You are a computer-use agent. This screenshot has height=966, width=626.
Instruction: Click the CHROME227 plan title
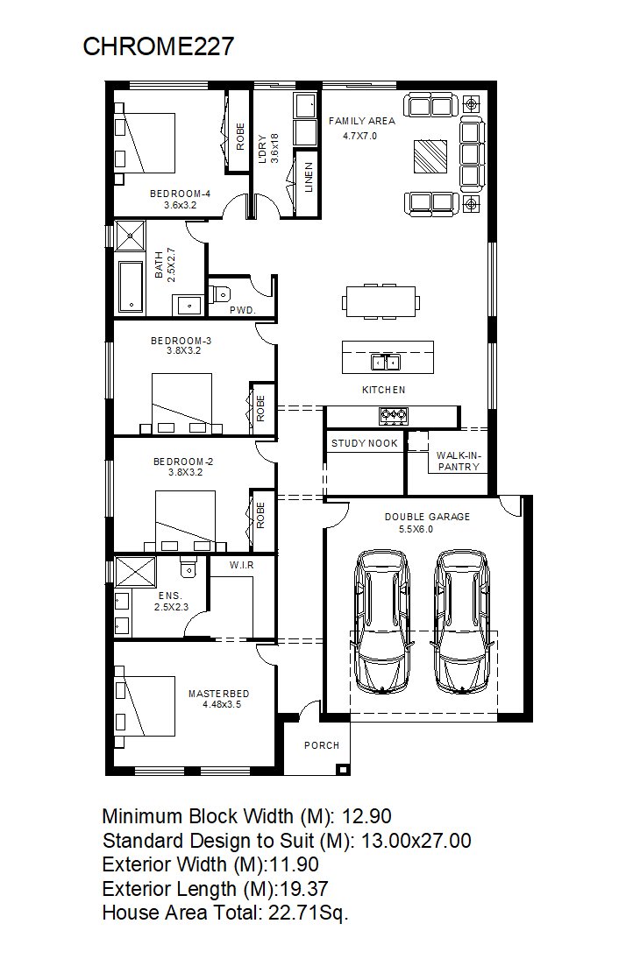pos(159,46)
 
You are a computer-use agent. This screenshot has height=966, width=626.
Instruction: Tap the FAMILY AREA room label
pos(361,121)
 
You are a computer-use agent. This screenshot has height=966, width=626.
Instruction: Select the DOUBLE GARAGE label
pos(427,516)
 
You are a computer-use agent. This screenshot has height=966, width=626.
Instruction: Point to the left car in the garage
pos(382,621)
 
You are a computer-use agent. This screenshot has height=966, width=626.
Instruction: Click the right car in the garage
pos(462,621)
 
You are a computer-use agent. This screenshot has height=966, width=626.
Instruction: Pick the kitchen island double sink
pos(386,363)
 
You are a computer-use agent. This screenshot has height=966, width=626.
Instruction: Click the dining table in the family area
pos(381,302)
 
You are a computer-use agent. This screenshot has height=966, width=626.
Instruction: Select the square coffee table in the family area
pos(430,157)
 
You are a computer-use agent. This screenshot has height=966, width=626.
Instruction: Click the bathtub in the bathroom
pos(131,287)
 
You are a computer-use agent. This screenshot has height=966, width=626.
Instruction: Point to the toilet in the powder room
pos(219,293)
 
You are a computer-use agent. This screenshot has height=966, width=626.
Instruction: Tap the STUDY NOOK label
pos(365,443)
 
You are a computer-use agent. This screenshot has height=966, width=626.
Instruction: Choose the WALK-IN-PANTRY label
pos(459,462)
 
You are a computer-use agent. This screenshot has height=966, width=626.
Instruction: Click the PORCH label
pos(322,745)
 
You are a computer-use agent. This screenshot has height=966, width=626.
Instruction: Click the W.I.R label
pos(242,565)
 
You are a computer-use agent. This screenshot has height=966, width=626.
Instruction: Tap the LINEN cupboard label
pos(309,178)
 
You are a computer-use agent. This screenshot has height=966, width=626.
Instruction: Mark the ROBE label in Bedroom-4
pos(240,137)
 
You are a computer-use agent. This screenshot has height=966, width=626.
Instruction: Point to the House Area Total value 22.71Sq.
pos(309,913)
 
